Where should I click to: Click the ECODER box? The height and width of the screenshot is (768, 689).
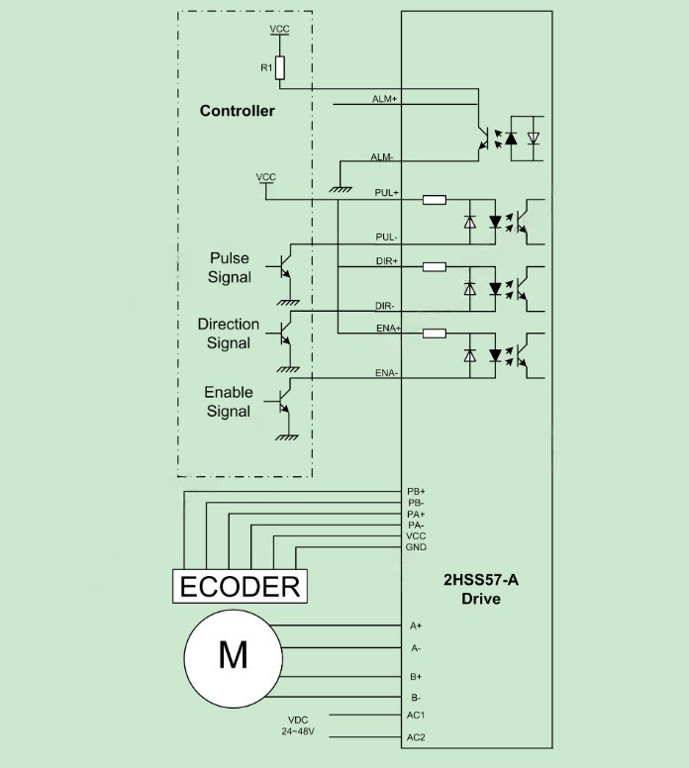pyautogui.click(x=239, y=586)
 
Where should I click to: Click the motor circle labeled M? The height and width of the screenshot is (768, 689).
pyautogui.click(x=233, y=655)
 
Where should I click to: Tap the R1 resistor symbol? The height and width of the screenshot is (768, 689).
pyautogui.click(x=280, y=67)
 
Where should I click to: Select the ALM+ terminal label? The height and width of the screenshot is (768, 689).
pyautogui.click(x=384, y=99)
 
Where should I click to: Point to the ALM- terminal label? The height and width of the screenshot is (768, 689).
pyautogui.click(x=383, y=157)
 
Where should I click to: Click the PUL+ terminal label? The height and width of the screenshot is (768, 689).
pyautogui.click(x=386, y=192)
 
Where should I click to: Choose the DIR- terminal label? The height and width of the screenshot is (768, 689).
pyautogui.click(x=386, y=306)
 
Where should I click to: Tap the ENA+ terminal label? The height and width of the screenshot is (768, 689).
pyautogui.click(x=386, y=327)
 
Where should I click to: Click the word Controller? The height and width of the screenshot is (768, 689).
pyautogui.click(x=237, y=111)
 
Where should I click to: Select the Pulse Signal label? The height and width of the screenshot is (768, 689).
pyautogui.click(x=229, y=268)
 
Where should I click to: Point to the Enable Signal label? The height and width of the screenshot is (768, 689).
pyautogui.click(x=228, y=402)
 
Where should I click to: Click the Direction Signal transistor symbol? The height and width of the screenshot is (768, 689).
pyautogui.click(x=285, y=331)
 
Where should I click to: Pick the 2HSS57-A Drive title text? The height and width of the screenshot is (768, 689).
pyautogui.click(x=480, y=590)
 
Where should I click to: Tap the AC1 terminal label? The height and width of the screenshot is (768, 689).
pyautogui.click(x=416, y=715)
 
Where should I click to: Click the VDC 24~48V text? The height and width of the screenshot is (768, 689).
pyautogui.click(x=299, y=725)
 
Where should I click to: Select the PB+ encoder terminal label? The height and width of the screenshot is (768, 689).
pyautogui.click(x=416, y=491)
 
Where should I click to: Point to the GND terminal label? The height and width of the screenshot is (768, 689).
pyautogui.click(x=416, y=547)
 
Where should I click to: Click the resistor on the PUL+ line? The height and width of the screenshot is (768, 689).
pyautogui.click(x=434, y=200)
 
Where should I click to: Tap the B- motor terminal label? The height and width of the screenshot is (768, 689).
pyautogui.click(x=416, y=699)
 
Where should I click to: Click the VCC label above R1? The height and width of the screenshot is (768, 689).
pyautogui.click(x=280, y=30)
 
